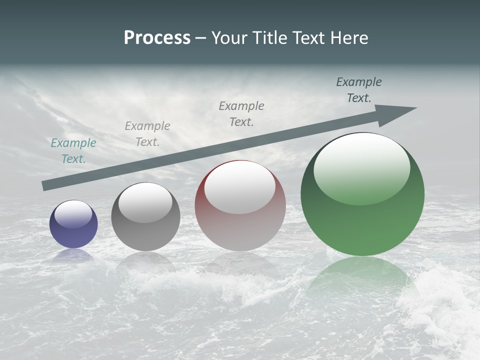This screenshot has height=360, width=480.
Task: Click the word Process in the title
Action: pyautogui.click(x=157, y=38)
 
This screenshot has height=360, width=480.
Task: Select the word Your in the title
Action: pyautogui.click(x=228, y=38)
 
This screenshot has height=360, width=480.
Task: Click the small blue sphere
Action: pyautogui.click(x=73, y=224)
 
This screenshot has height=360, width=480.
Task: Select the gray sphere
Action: pyautogui.click(x=145, y=217)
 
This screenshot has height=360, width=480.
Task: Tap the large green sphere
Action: pyautogui.click(x=362, y=194)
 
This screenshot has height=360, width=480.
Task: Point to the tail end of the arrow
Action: pyautogui.click(x=44, y=185)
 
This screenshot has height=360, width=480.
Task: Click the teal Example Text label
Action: pyautogui.click(x=73, y=150)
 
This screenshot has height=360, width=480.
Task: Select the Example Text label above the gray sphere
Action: pyautogui.click(x=147, y=133)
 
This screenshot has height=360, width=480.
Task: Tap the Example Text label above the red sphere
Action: pyautogui.click(x=241, y=113)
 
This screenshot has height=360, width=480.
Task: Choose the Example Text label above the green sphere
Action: pyautogui.click(x=359, y=90)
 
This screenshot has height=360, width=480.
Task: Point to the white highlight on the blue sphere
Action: pyautogui.click(x=73, y=214)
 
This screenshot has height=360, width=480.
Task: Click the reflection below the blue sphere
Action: pyautogui.click(x=73, y=255)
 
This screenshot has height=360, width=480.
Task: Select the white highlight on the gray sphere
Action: pyautogui.click(x=145, y=202)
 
